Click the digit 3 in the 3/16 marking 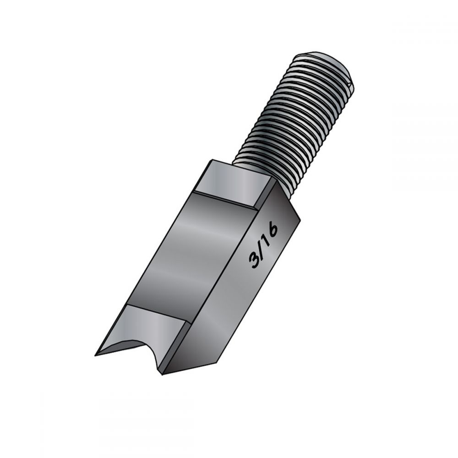(x=254, y=260)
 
